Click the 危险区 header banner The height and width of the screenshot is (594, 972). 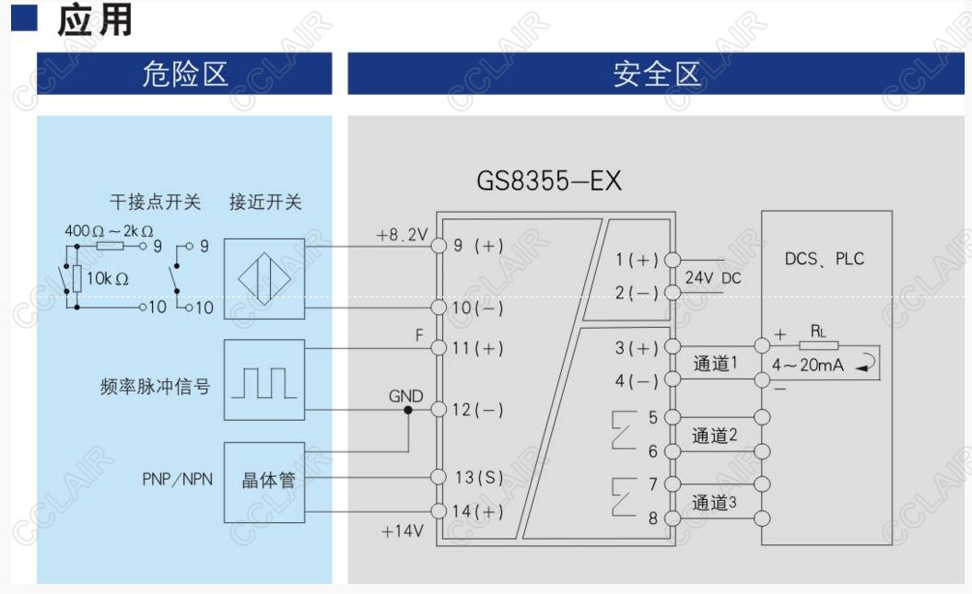184,74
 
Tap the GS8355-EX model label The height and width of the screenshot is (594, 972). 549,181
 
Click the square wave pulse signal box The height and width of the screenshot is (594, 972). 264,380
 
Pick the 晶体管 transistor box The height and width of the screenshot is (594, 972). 264,482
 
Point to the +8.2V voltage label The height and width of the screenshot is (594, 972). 402,236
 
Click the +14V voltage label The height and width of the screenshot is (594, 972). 402,531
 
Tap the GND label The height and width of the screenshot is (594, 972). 405,397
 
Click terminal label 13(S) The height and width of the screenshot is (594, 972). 479,477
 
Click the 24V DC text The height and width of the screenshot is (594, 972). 712,277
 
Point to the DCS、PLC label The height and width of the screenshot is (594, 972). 825,259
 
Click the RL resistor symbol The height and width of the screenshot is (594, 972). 818,345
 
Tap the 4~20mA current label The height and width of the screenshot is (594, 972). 808,366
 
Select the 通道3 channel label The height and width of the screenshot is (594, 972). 715,503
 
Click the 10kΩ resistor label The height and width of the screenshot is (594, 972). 108,277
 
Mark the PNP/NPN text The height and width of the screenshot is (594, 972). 177,480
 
